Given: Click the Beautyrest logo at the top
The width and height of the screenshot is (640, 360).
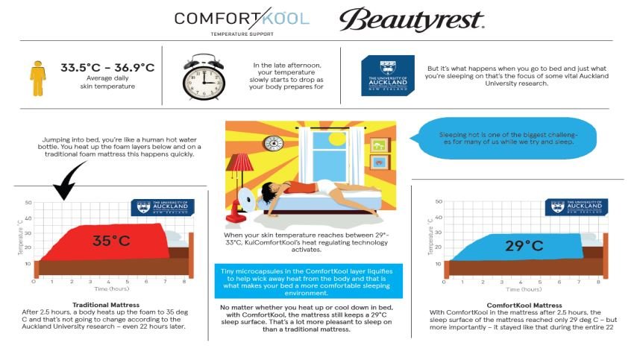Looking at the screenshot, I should point(412,19).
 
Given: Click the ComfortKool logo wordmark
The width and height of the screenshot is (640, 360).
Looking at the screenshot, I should point(241,18).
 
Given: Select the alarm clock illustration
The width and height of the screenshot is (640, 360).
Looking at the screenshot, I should point(204,75).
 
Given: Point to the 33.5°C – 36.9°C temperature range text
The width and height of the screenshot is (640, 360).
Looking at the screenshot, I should point(107,69).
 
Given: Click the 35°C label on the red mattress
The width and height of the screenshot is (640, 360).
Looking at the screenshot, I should point(112,241).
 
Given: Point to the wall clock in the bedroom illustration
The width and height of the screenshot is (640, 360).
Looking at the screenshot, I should point(274,142).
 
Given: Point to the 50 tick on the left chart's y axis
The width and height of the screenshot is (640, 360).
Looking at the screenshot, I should point(28,203).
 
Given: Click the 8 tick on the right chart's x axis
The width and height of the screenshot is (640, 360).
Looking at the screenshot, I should point(597,282).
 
